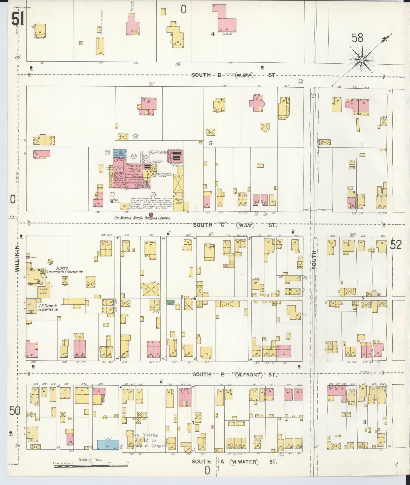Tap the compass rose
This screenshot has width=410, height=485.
click(361, 60)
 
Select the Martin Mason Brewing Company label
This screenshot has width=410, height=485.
click(142, 218)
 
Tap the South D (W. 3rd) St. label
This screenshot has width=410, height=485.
click(233, 75)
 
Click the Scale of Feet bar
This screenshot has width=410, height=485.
click(91, 466)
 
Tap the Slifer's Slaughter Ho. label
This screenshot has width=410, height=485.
click(64, 270)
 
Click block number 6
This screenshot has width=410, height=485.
click(194, 299)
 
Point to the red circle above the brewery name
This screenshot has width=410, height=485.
click(151, 214)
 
